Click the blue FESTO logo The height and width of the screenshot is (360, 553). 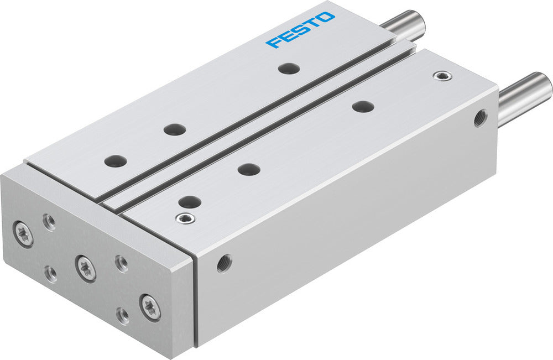(x=300, y=29)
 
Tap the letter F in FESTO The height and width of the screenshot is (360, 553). (x=273, y=42)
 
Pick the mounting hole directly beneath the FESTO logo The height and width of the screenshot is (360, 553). (x=289, y=69)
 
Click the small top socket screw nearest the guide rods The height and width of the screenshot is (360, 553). (x=441, y=76)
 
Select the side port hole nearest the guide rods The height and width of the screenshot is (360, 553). (x=480, y=117)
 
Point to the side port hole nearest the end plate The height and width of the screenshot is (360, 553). (x=224, y=263)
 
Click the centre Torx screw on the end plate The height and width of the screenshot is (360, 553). (x=86, y=268)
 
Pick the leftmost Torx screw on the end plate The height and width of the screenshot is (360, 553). (x=23, y=233)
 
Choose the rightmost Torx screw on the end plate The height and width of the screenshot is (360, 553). (x=150, y=307)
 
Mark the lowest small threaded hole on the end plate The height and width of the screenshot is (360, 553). (x=123, y=315)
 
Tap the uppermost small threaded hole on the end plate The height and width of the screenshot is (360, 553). (x=49, y=222)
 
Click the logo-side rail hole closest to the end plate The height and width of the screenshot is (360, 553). (x=116, y=161)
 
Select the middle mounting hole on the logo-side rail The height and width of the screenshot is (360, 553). (x=175, y=129)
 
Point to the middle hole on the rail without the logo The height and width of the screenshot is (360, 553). (x=249, y=169)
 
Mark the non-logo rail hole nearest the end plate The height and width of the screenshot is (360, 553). (x=189, y=202)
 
